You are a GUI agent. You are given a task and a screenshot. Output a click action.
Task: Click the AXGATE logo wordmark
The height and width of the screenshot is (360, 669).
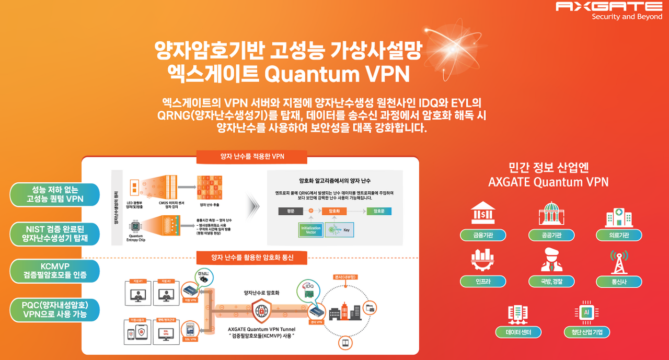(x=609, y=6)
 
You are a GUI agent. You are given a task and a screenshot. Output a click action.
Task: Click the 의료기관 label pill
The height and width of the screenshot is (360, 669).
(x=619, y=235)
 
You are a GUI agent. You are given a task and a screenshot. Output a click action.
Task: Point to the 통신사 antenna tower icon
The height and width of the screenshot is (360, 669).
(x=619, y=262)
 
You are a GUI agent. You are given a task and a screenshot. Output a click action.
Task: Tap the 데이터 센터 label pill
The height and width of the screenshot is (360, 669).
(x=518, y=332)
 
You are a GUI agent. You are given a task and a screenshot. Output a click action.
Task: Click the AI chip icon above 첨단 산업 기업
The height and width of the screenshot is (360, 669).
(x=587, y=313)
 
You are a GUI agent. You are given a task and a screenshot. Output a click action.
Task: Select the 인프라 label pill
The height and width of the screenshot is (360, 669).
(x=483, y=282)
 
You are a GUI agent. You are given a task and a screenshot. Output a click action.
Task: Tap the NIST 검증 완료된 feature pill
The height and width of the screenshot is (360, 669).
(x=54, y=234)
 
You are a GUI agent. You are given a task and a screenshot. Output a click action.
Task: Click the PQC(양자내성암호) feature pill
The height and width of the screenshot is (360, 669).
(x=54, y=309)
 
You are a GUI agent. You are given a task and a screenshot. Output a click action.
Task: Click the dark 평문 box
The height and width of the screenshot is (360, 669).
(x=291, y=211)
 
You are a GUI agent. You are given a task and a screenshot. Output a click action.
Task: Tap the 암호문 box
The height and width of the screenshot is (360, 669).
(x=379, y=211)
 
